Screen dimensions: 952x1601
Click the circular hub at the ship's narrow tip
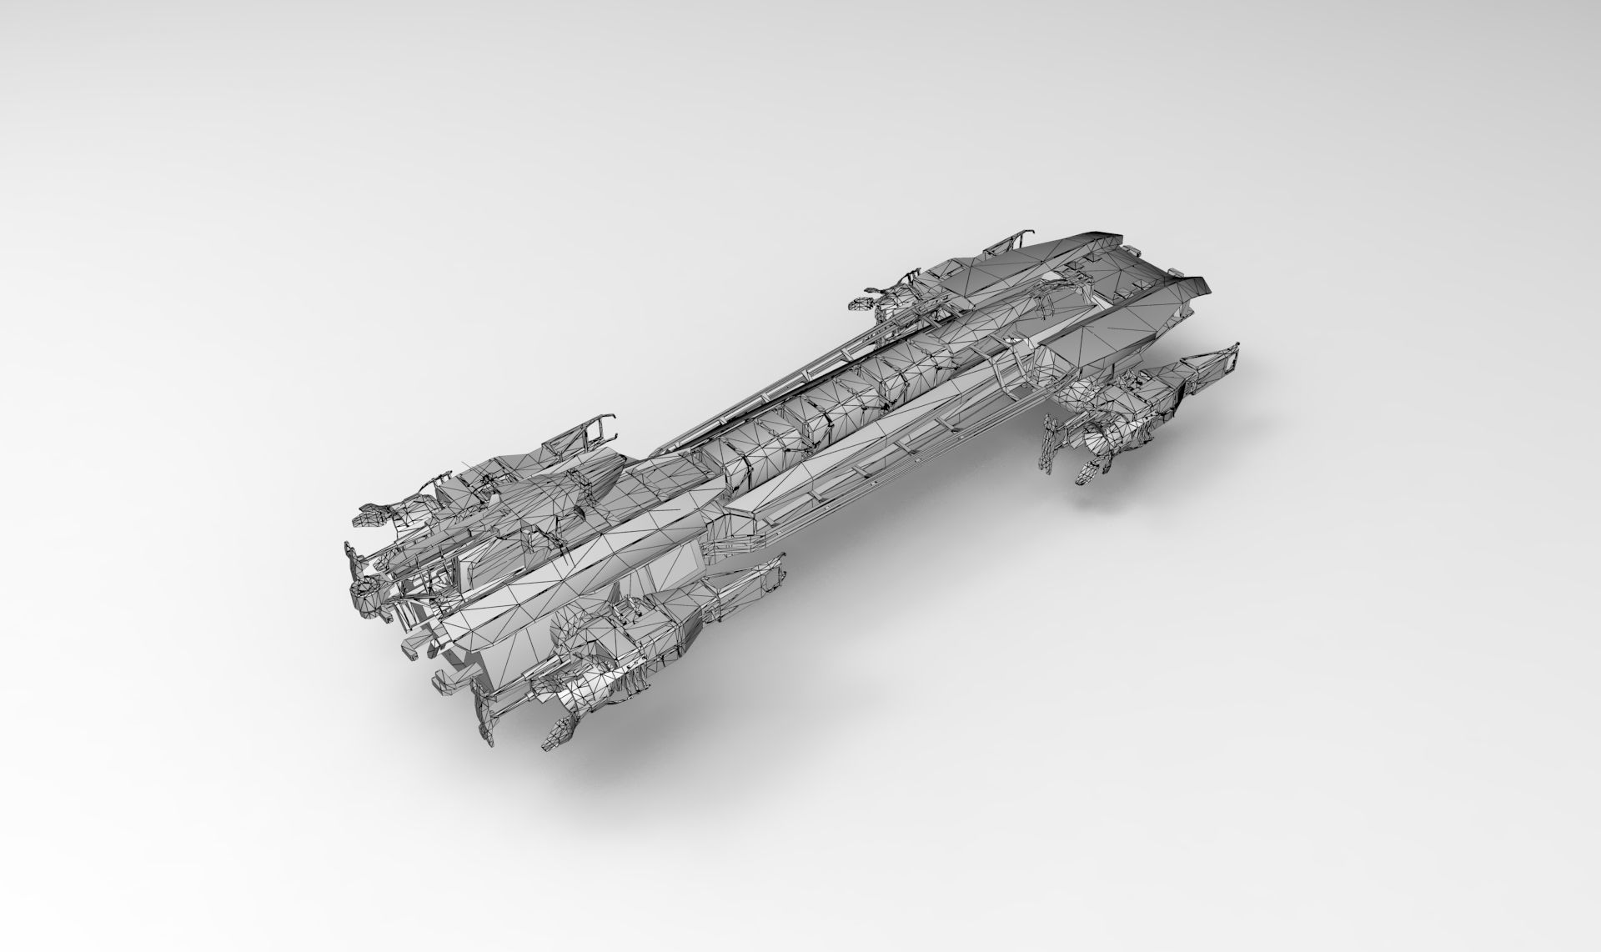pos(364,593)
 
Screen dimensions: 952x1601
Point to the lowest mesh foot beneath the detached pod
pos(1088,473)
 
